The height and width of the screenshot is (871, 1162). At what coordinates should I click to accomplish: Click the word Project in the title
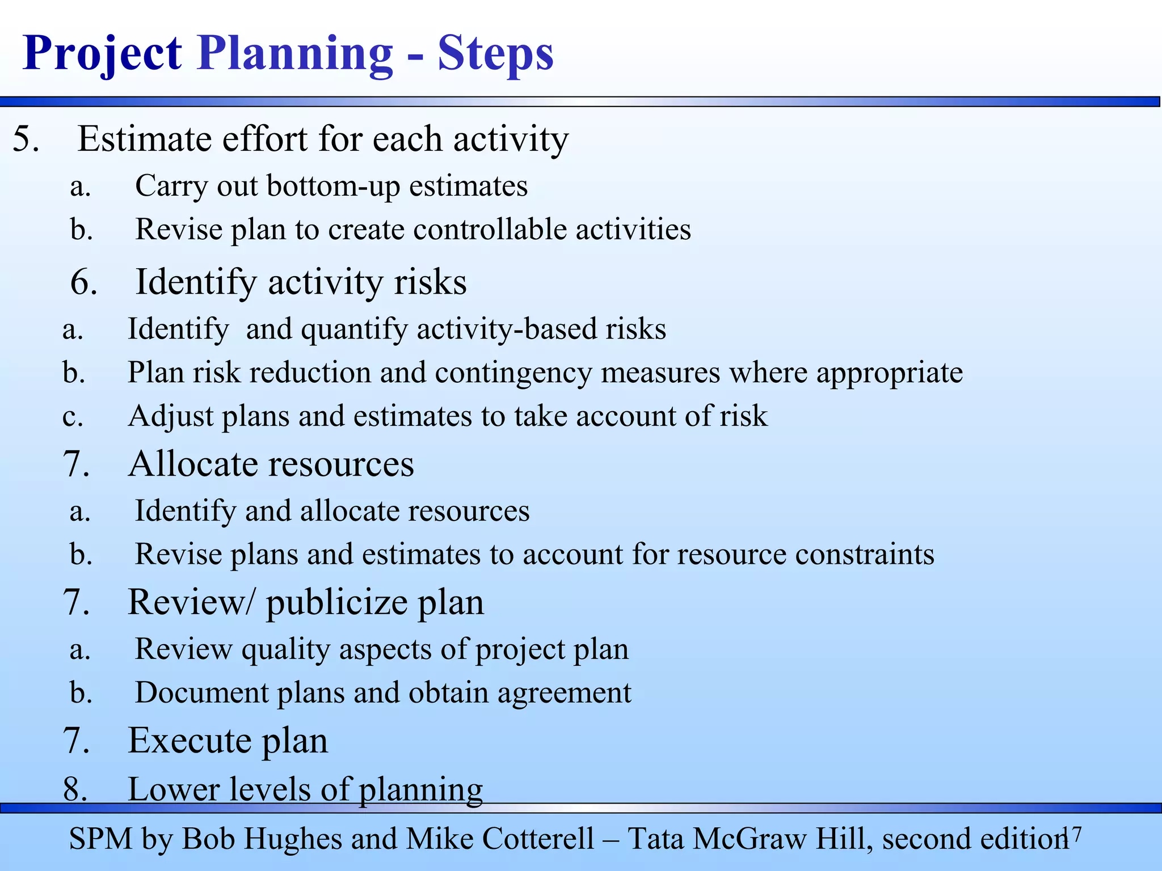click(102, 54)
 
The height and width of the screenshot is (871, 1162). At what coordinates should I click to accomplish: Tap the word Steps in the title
click(495, 54)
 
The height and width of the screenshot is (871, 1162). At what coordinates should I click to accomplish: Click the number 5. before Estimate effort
click(26, 139)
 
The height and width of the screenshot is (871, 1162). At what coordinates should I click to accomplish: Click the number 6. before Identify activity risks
click(84, 282)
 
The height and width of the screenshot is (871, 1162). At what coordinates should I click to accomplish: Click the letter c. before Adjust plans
click(73, 417)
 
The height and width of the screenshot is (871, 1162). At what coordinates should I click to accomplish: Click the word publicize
click(336, 603)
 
